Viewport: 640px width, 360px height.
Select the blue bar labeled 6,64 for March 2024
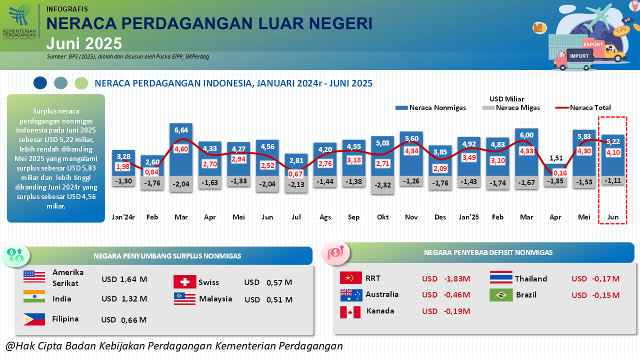click(x=181, y=150)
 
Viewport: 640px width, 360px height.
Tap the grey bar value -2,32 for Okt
click(x=382, y=185)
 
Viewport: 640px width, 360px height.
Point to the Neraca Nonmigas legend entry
click(x=430, y=107)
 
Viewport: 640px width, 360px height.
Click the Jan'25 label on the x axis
click(x=469, y=217)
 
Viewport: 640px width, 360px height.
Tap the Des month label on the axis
click(x=440, y=217)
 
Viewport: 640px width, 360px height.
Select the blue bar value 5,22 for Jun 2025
click(x=613, y=141)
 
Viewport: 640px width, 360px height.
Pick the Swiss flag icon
click(x=184, y=282)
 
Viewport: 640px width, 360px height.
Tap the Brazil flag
click(x=501, y=295)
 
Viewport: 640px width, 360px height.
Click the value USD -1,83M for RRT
click(x=446, y=278)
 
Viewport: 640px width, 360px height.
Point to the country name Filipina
click(x=65, y=318)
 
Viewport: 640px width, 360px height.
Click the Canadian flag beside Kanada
click(x=350, y=312)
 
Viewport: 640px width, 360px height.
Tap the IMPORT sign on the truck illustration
click(x=579, y=56)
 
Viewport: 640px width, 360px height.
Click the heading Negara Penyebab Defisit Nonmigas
click(x=488, y=252)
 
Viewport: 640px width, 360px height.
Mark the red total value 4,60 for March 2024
click(x=181, y=149)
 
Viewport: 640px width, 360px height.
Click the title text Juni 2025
click(x=84, y=43)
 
